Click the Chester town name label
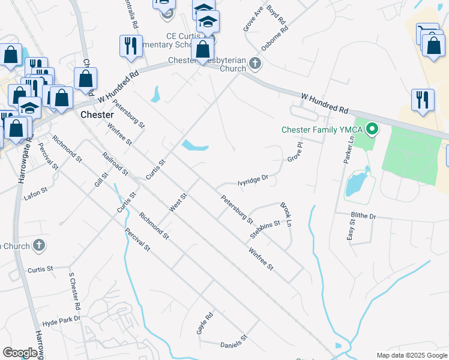click(97, 114)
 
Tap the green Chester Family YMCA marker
click(372, 128)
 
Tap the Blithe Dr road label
click(364, 215)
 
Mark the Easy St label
click(352, 229)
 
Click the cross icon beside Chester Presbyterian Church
click(255, 63)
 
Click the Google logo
click(20, 353)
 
